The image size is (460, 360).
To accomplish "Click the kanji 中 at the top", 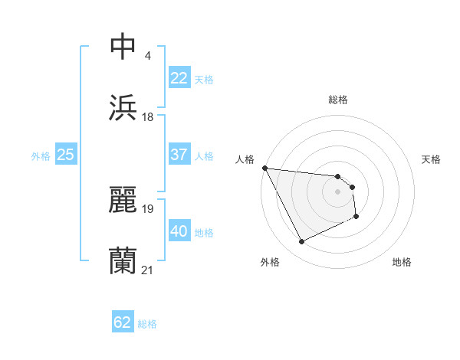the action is [x=123, y=47].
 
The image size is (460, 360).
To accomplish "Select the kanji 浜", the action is [x=123, y=108].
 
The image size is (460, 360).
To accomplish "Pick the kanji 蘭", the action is [x=123, y=261].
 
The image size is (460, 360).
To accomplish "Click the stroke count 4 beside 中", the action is [x=147, y=56].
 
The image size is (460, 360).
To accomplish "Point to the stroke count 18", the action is [x=148, y=117].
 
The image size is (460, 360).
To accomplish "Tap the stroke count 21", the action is [x=148, y=270].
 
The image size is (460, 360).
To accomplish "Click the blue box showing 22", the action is [x=179, y=78].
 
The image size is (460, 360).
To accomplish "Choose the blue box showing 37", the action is [x=179, y=155].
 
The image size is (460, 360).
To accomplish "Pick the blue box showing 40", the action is [x=179, y=231].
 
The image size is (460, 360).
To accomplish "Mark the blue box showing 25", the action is [x=66, y=155].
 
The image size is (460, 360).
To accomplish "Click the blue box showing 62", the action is [x=123, y=322].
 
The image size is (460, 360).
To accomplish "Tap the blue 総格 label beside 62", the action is [x=147, y=324].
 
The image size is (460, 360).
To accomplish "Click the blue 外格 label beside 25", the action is [x=41, y=156].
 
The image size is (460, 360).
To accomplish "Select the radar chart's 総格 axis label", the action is [x=338, y=100].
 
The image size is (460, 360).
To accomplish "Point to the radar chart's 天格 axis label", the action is [x=432, y=159].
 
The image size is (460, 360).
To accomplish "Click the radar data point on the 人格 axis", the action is [x=264, y=168].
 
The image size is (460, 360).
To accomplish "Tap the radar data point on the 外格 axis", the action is [x=301, y=242].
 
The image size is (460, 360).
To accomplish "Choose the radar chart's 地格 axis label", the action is [x=402, y=262].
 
